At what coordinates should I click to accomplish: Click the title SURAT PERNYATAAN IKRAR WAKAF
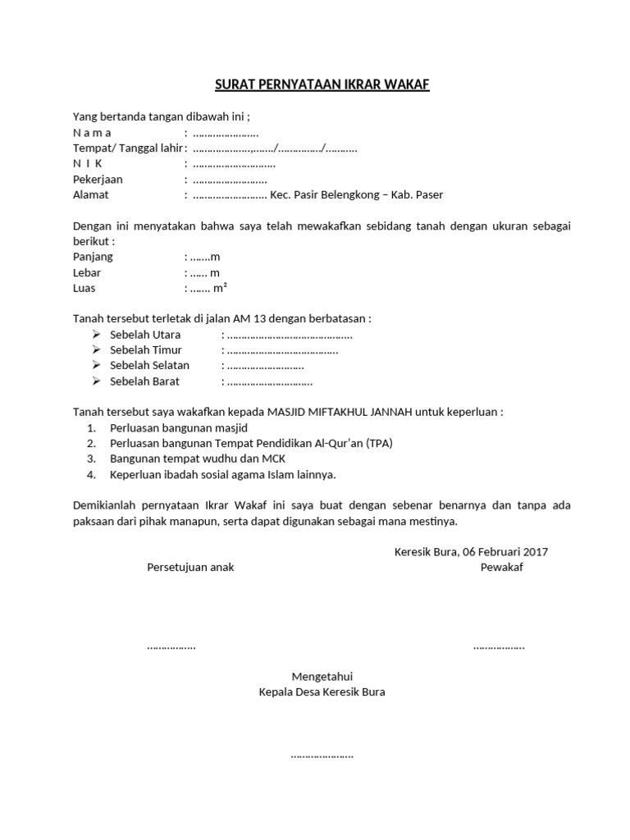click(x=322, y=85)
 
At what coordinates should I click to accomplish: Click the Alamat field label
click(x=91, y=194)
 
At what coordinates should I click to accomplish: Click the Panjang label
click(x=93, y=257)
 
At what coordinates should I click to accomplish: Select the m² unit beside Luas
click(x=220, y=288)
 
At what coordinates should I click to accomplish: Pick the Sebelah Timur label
click(x=146, y=350)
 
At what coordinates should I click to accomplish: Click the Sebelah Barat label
click(x=145, y=381)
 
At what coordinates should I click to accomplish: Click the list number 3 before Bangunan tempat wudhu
click(x=92, y=459)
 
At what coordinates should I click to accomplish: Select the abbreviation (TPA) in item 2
click(x=380, y=443)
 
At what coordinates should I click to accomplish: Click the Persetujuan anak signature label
click(x=190, y=567)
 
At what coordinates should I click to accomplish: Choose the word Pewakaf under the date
click(x=502, y=567)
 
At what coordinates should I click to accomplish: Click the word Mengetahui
click(x=322, y=676)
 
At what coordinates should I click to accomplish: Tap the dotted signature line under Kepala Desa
click(x=322, y=755)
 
